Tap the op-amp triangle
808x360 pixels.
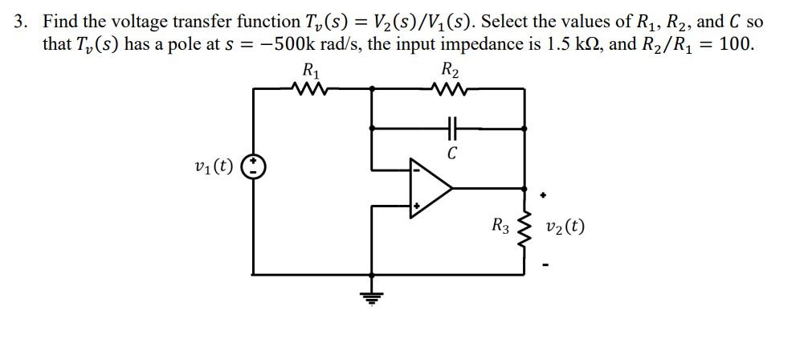click(429, 188)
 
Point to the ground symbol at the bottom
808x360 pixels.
click(371, 297)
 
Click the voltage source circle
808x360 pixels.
click(255, 167)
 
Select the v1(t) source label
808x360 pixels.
click(214, 167)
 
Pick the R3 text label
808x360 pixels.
click(500, 226)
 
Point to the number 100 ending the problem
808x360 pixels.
click(736, 43)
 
